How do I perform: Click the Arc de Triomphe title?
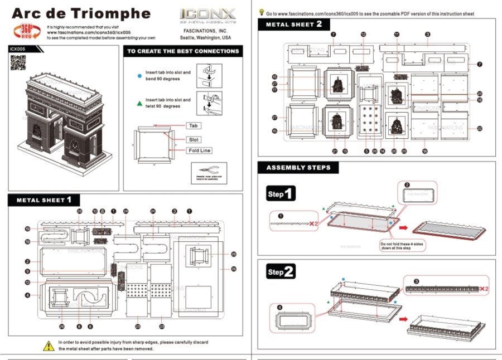pos(81,14)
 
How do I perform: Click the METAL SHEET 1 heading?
pos(45,200)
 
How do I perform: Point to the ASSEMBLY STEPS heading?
pos(298,168)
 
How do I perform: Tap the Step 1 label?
pos(281,194)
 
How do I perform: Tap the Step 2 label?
pos(281,272)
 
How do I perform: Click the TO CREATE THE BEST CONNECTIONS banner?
pos(183,51)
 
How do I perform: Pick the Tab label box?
pos(193,126)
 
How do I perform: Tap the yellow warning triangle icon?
pos(49,346)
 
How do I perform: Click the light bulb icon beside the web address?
pos(262,12)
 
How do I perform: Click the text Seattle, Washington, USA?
pos(206,38)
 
